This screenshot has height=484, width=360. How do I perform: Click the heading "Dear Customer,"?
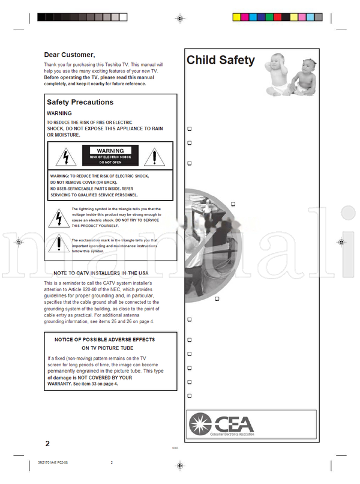[70, 55]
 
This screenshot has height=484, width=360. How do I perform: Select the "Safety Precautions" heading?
[80, 102]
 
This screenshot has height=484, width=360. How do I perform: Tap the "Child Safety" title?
[220, 60]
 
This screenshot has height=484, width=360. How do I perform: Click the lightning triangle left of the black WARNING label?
[66, 157]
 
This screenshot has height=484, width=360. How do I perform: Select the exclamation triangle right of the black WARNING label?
[155, 157]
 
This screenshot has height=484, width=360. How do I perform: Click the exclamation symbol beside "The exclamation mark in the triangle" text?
[59, 244]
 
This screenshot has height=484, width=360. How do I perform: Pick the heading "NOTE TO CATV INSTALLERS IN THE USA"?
[106, 273]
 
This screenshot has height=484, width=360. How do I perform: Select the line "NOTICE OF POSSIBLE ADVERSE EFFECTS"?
[104, 339]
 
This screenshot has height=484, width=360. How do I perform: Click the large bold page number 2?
[47, 444]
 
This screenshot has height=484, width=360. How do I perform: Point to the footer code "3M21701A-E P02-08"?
[49, 462]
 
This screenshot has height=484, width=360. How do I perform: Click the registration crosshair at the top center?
[180, 19]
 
